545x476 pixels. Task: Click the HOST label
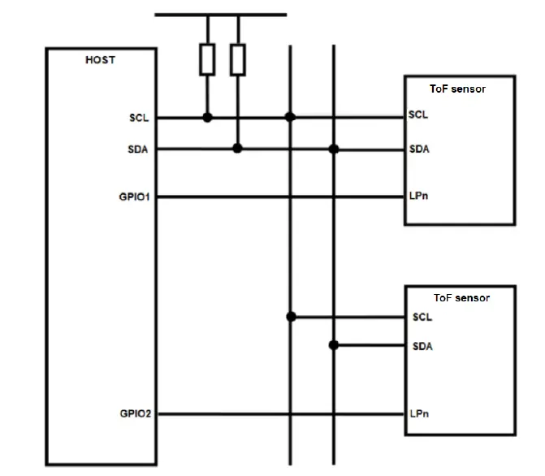pos(100,60)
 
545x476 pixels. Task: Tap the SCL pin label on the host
pos(140,118)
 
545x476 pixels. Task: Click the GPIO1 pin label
pos(135,197)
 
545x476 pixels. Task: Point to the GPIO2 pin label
pos(135,413)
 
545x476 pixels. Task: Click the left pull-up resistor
pos(207,58)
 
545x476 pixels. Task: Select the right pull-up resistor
pos(237,58)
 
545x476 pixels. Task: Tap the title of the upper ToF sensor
pos(457,89)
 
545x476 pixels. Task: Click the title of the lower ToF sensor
pos(461,298)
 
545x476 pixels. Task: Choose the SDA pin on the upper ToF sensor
pos(418,149)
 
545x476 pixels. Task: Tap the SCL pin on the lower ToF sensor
pos(422,316)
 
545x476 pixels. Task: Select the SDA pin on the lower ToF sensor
pos(422,346)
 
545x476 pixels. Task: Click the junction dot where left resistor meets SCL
pos(207,118)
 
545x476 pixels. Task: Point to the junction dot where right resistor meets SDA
pos(237,149)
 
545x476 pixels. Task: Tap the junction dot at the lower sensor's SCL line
pos(290,316)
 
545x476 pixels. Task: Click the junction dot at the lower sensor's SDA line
pos(333,345)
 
